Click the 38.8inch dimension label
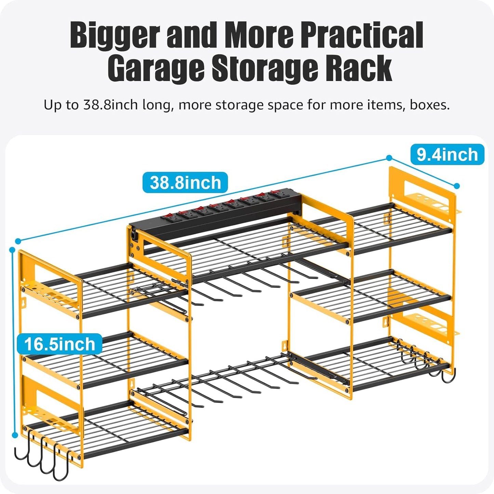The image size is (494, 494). click(185, 183)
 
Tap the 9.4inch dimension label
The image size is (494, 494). click(447, 155)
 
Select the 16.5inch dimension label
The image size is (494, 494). click(59, 344)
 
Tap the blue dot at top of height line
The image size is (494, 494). click(13, 250)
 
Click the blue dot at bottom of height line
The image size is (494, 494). click(15, 435)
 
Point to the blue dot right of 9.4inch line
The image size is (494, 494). click(457, 186)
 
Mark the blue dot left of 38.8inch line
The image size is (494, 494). click(18, 241)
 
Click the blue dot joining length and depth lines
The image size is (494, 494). click(389, 158)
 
